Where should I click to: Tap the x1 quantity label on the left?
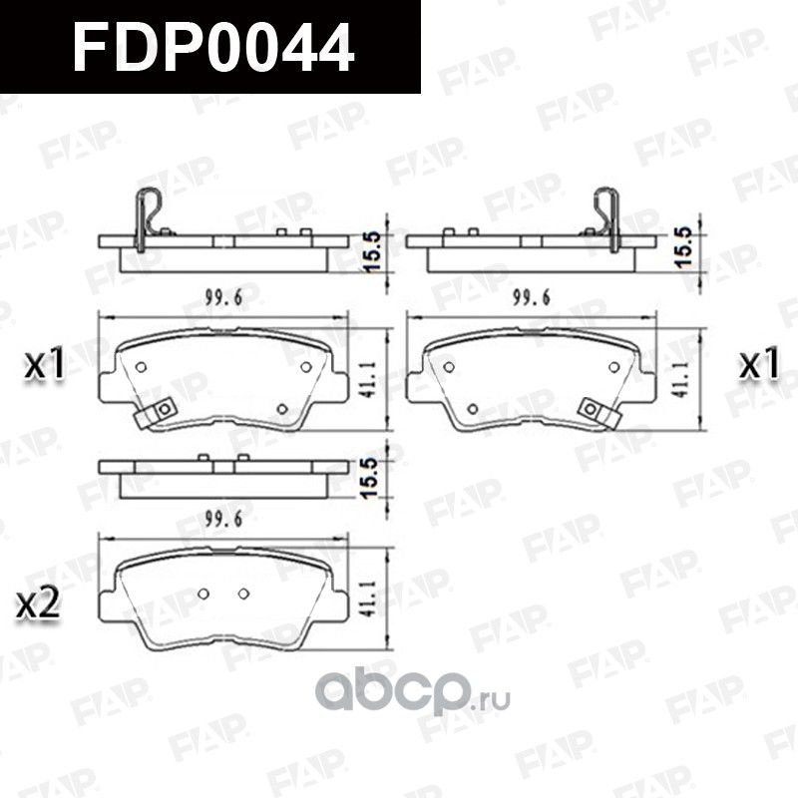(x=46, y=366)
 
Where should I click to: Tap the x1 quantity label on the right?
(x=758, y=365)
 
